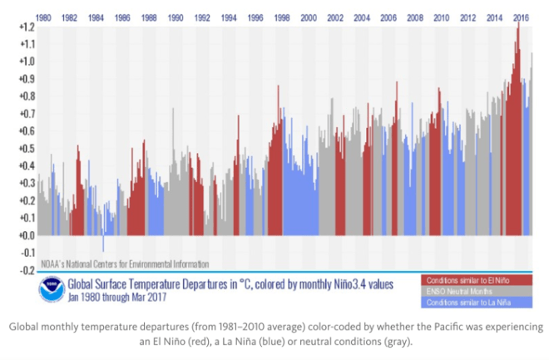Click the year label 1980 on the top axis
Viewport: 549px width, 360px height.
[x=44, y=17]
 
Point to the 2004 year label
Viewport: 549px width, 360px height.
[x=362, y=17]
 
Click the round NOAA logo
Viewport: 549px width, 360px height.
[x=52, y=289]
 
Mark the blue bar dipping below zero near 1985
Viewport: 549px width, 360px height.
[x=103, y=243]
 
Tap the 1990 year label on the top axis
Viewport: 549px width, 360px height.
[x=176, y=17]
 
